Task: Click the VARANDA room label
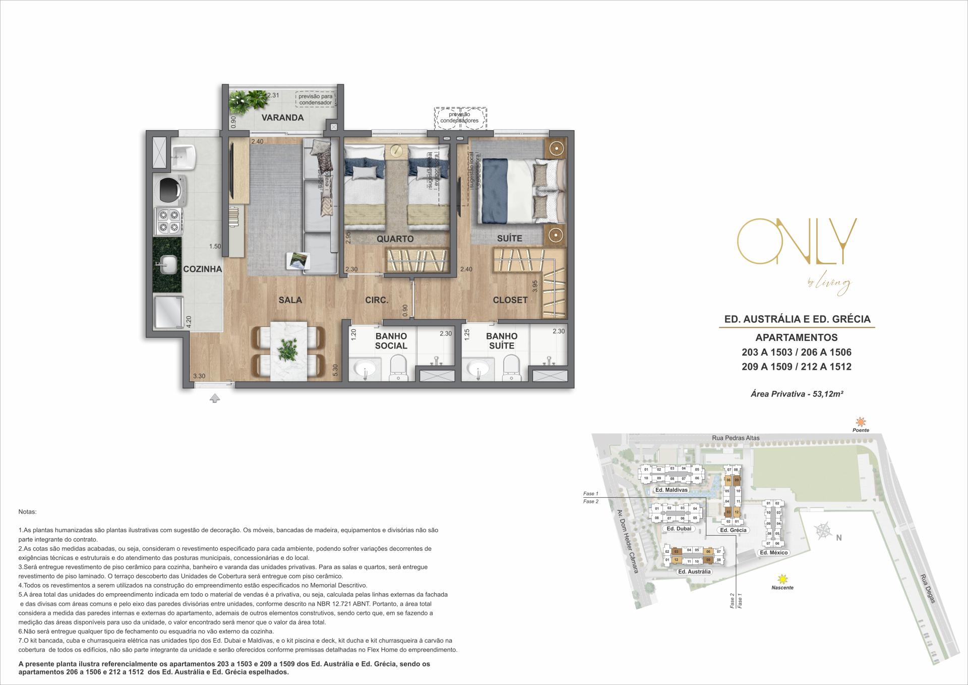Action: click(282, 118)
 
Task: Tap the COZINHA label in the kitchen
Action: click(202, 269)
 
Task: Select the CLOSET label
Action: click(510, 300)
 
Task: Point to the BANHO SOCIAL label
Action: click(391, 340)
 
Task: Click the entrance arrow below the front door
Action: click(215, 398)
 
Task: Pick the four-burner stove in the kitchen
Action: click(168, 221)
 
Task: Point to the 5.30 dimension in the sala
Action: click(335, 372)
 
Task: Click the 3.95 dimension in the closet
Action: click(535, 287)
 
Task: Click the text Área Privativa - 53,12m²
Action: click(797, 394)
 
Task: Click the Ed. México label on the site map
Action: click(773, 552)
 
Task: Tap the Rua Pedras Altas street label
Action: click(736, 438)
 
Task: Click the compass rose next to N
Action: click(823, 531)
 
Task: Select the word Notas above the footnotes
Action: click(27, 511)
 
